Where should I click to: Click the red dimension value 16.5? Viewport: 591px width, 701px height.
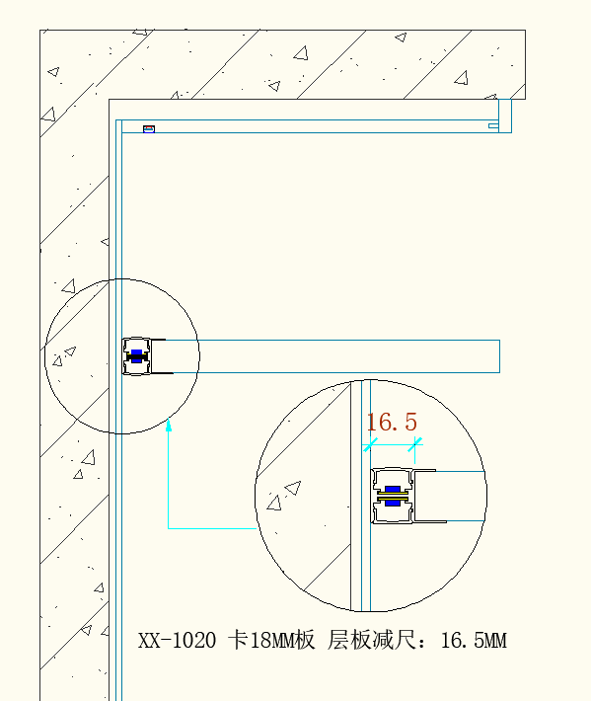[392, 422]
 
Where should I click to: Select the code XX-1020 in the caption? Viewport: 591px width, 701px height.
[177, 640]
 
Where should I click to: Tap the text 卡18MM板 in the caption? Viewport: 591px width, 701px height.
[271, 640]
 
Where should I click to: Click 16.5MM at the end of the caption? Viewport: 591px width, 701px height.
[474, 640]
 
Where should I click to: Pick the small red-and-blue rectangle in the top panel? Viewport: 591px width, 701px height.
[149, 129]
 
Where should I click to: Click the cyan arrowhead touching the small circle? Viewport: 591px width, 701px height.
[169, 426]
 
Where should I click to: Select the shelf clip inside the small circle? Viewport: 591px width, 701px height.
[137, 356]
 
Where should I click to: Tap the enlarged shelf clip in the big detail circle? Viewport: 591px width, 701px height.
[393, 496]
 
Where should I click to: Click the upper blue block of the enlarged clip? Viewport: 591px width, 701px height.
[393, 489]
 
